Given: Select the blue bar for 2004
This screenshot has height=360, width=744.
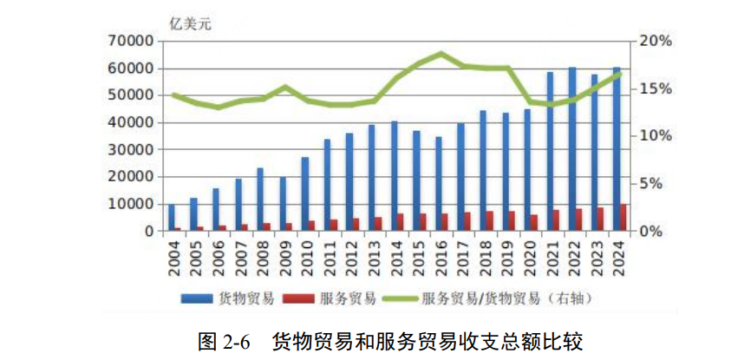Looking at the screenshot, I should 172,218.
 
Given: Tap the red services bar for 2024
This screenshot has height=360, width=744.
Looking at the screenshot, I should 623,218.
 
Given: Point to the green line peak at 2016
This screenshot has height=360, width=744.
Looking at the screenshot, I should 441,54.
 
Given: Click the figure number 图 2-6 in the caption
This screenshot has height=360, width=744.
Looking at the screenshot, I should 224,340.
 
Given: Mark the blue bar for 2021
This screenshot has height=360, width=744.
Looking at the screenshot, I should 550,152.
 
